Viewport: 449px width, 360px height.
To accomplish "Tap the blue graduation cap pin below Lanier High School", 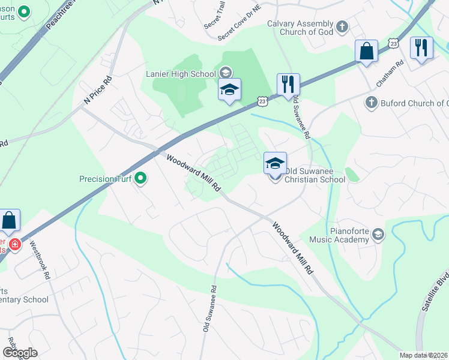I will [229, 90].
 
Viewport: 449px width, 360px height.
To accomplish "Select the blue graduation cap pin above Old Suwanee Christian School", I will [275, 163].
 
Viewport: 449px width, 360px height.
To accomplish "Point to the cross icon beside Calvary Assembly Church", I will [342, 26].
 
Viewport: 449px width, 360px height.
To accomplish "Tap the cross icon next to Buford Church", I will [371, 103].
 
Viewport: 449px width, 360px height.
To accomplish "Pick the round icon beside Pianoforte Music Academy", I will [378, 235].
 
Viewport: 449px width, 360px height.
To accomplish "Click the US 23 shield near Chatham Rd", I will [393, 43].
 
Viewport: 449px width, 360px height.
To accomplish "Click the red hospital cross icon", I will [15, 245].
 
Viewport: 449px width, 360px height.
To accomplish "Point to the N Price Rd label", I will [98, 91].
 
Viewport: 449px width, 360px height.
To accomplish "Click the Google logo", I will [20, 353].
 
